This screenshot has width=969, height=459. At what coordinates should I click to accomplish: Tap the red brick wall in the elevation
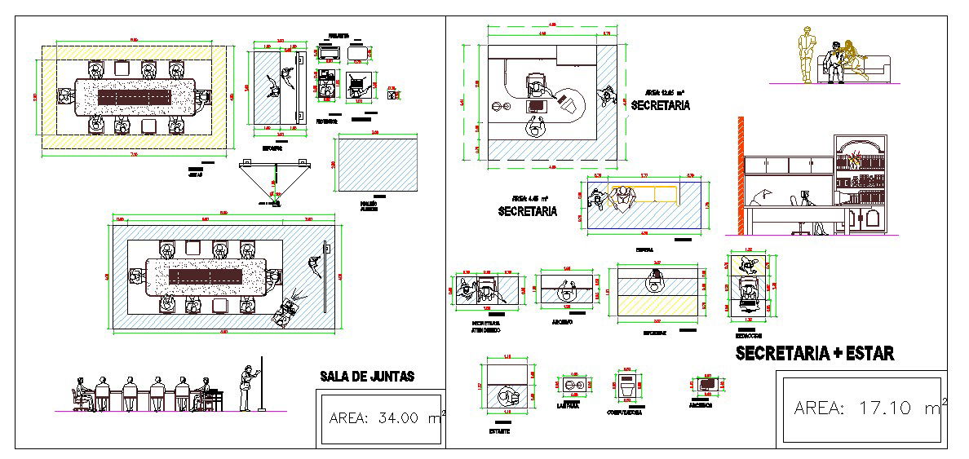(x=741, y=175)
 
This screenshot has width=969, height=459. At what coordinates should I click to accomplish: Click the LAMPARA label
(x=568, y=405)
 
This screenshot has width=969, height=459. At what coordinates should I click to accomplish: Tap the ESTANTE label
(x=499, y=431)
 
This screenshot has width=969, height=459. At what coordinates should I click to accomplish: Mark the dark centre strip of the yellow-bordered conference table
(x=135, y=95)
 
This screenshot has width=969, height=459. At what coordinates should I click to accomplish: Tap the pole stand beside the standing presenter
(x=262, y=383)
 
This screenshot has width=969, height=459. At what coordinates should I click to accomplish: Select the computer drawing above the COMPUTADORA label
(x=626, y=386)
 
